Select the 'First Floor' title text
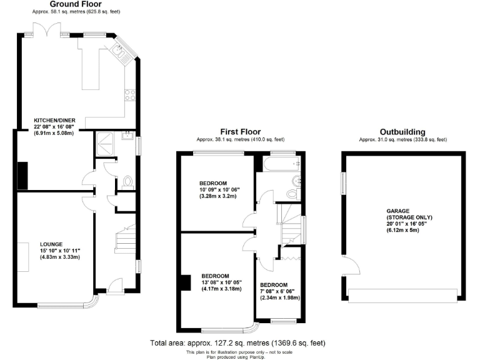click(240, 131)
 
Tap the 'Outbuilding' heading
click(402, 132)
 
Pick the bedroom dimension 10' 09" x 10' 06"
click(219, 189)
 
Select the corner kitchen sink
click(119, 49)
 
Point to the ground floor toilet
click(128, 182)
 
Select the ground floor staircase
click(127, 241)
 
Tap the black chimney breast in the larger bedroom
click(185, 283)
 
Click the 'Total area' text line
click(237, 343)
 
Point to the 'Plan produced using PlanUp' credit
click(237, 356)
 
